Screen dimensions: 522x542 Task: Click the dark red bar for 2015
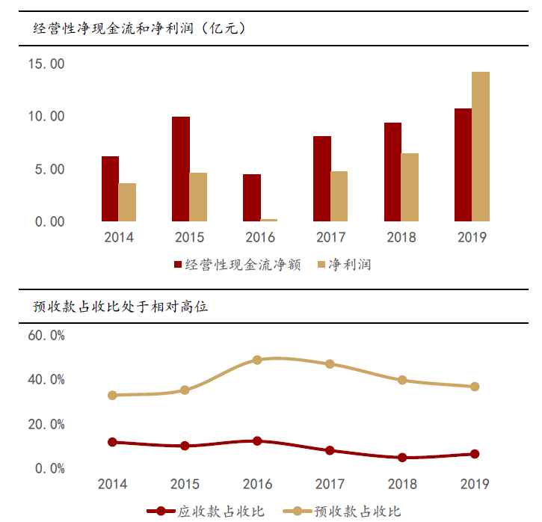181,169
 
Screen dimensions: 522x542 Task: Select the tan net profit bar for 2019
481,147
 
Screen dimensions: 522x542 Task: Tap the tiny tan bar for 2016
269,220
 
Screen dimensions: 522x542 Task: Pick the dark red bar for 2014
110,188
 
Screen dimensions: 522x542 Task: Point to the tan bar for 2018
410,187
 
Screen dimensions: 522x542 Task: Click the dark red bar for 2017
322,179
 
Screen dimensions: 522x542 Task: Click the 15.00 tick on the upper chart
46,64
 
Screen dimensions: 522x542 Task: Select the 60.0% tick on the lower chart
46,335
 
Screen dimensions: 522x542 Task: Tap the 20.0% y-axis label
46,424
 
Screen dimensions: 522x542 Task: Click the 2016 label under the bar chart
260,238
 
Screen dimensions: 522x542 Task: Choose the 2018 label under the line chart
402,484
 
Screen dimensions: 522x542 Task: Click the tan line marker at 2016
257,360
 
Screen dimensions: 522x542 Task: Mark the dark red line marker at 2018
402,457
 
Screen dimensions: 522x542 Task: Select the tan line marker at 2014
112,395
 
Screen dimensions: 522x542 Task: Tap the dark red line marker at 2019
474,454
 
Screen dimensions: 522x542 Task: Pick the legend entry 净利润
345,265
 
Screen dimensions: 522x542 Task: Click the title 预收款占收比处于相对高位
120,307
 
